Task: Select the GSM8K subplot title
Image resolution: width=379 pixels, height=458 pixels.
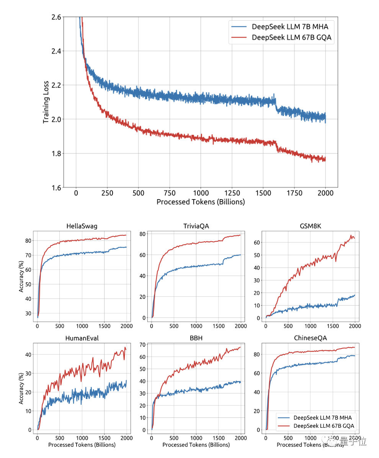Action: pyautogui.click(x=310, y=226)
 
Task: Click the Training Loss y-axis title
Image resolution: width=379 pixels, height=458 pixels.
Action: pyautogui.click(x=46, y=102)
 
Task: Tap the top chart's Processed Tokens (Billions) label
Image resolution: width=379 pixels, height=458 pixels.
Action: pyautogui.click(x=201, y=202)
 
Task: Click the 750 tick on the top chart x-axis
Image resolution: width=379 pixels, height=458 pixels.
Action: pyautogui.click(x=170, y=193)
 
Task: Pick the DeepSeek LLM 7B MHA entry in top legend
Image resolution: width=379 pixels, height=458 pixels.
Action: pyautogui.click(x=290, y=26)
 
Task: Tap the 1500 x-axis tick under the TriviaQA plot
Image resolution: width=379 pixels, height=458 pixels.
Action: pyautogui.click(x=218, y=326)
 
